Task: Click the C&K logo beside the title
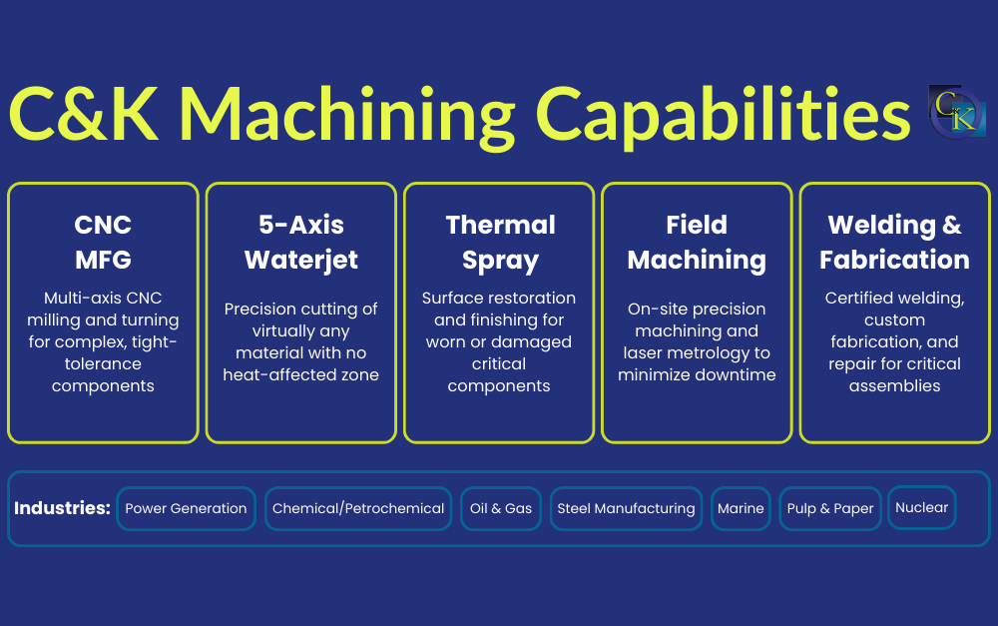pyautogui.click(x=955, y=111)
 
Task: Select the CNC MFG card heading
pyautogui.click(x=103, y=243)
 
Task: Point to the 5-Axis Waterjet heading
pyautogui.click(x=300, y=243)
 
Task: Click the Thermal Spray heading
pyautogui.click(x=499, y=243)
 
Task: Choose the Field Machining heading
pyautogui.click(x=697, y=243)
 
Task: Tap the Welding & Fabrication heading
pyautogui.click(x=894, y=243)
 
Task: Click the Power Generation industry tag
pyautogui.click(x=186, y=508)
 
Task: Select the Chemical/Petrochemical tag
pyautogui.click(x=358, y=508)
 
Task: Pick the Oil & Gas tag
pyautogui.click(x=501, y=508)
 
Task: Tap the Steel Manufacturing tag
pyautogui.click(x=626, y=508)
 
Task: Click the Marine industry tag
pyautogui.click(x=741, y=508)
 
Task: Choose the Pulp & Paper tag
pyautogui.click(x=830, y=508)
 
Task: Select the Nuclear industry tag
pyautogui.click(x=921, y=507)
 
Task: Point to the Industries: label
pyautogui.click(x=62, y=508)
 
